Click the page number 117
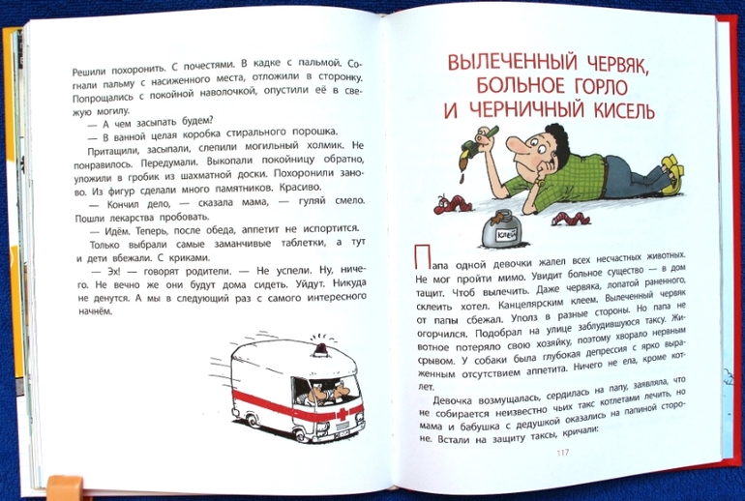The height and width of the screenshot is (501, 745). (562, 452)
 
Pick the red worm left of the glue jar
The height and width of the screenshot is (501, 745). (453, 204)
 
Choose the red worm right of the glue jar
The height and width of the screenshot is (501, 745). (571, 220)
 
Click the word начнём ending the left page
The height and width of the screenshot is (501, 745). (94, 311)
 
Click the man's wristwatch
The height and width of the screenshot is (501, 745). (540, 182)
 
